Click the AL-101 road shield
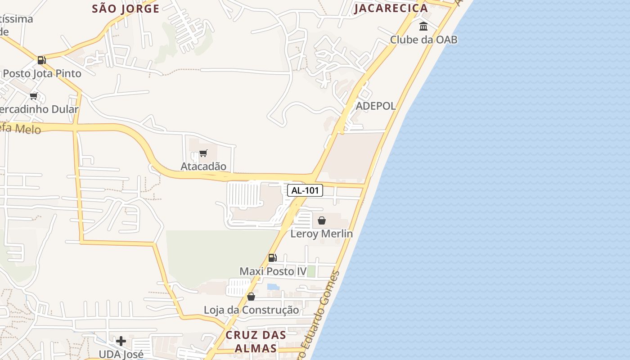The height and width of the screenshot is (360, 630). coord(305,190)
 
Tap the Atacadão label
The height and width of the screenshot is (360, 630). coord(203,166)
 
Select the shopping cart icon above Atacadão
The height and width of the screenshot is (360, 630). coord(203,153)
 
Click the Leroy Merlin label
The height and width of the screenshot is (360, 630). coord(321,234)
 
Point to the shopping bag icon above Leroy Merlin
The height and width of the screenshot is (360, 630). coord(322,220)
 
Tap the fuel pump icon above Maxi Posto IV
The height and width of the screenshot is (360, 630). coord(272,258)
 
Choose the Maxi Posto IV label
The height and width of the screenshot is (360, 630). coord(273,271)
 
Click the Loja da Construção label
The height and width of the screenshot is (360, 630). coord(251,310)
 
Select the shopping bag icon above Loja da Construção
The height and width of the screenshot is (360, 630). coord(251,297)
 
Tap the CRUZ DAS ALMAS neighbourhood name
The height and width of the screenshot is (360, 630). coord(256,342)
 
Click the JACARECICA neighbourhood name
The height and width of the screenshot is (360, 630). coord(391,8)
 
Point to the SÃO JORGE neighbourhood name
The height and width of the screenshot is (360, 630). coord(126,8)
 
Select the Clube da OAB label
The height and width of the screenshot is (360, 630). coord(423,40)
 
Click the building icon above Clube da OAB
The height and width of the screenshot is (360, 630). coord(423,27)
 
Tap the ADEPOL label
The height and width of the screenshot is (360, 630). coord(376,106)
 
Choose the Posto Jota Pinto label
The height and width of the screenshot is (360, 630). coord(42,73)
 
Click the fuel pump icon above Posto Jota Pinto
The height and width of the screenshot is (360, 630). coord(41,60)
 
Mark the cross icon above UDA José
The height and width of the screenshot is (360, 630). coord(121,341)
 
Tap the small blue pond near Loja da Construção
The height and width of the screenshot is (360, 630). coord(273,287)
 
